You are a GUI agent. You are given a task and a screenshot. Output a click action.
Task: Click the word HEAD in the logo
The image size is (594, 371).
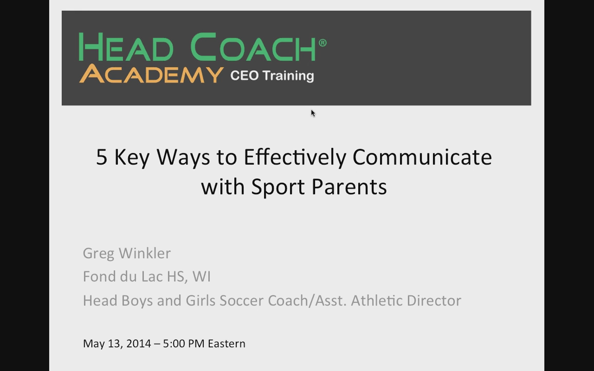126,47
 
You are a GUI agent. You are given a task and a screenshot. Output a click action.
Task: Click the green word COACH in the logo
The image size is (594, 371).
253,47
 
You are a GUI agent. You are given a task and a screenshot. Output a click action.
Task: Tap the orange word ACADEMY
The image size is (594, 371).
151,74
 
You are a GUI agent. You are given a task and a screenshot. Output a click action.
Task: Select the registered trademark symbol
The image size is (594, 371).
322,42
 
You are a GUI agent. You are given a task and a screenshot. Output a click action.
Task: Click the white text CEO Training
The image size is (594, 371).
272,75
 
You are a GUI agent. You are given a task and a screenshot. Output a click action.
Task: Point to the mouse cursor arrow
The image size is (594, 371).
313,113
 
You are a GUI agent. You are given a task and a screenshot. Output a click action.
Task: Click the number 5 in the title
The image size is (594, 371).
102,157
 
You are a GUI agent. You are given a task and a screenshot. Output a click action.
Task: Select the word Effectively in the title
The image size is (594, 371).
295,157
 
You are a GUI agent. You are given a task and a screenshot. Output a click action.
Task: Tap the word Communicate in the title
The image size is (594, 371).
422,157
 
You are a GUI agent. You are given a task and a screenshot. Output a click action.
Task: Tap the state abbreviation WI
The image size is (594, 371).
202,276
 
